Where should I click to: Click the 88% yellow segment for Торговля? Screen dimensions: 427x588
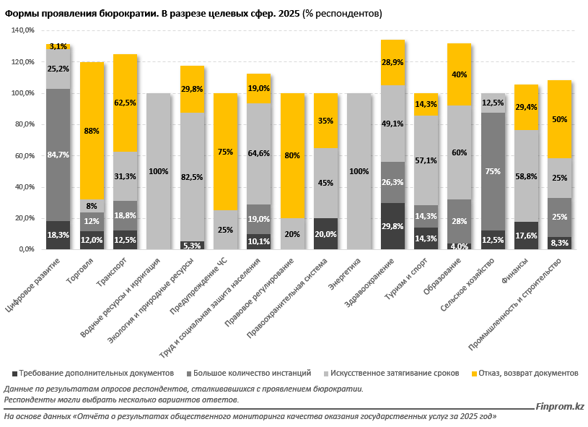(92, 131)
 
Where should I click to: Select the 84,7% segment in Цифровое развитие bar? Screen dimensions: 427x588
(58, 155)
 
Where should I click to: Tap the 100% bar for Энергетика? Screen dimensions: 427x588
(359, 171)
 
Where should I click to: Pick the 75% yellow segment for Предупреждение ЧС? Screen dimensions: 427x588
(225, 152)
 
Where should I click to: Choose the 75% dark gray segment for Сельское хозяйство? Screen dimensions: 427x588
(493, 171)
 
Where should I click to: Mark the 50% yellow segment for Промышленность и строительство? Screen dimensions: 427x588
(559, 119)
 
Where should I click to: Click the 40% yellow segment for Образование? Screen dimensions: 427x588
(459, 74)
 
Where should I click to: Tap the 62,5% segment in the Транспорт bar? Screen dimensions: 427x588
(126, 103)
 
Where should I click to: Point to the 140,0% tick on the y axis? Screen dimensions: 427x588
(23, 31)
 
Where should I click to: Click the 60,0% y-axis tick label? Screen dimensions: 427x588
(23, 155)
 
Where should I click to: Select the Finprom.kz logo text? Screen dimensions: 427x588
(560, 407)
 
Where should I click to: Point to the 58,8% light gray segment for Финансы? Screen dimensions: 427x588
(526, 176)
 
